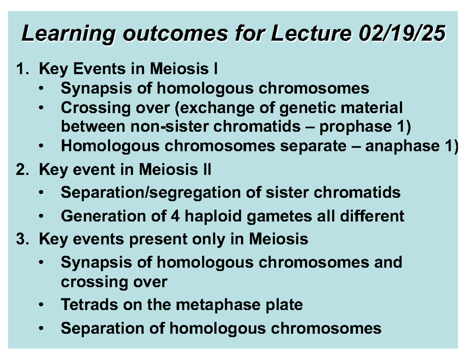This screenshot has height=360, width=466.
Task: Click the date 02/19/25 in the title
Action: click(402, 33)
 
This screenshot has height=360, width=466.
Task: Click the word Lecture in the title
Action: click(311, 33)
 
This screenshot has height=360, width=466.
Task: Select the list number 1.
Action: click(23, 69)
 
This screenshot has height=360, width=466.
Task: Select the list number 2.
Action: click(23, 170)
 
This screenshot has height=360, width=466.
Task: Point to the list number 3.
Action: click(23, 239)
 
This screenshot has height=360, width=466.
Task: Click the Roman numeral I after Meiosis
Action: click(216, 69)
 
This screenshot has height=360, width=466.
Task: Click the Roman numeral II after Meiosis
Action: click(207, 170)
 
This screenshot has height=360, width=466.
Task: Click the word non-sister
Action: click(170, 126)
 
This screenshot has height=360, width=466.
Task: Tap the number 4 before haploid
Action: click(175, 216)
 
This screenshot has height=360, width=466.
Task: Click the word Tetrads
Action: click(89, 304)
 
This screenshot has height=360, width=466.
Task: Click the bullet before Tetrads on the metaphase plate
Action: click(41, 304)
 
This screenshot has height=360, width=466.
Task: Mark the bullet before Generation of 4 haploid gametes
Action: click(41, 216)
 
